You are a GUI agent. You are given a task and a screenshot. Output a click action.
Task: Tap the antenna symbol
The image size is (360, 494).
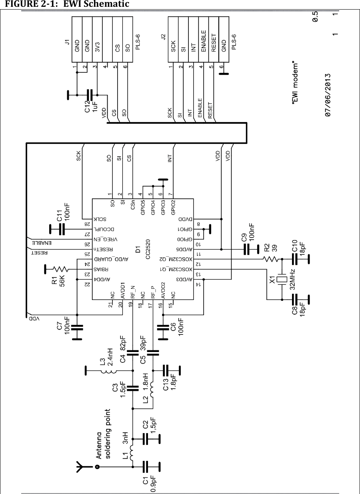80,466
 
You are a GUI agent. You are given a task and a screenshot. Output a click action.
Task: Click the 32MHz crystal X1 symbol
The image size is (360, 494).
283,279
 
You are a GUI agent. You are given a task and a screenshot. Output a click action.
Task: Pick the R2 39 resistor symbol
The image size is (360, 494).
270,259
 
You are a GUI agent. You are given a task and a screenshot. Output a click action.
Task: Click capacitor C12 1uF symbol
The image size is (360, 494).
92,95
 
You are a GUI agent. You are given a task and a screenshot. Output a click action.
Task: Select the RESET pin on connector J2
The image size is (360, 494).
214,42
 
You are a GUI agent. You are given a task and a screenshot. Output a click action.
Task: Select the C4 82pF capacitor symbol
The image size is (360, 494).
132,352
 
